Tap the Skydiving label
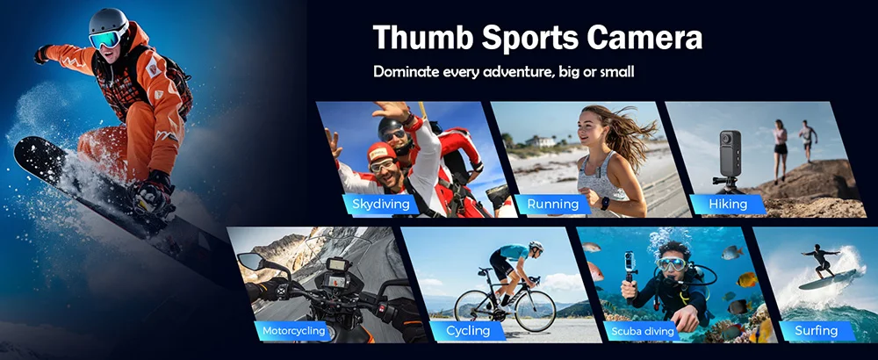pos(381,205)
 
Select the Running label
pos(552,205)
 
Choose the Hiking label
pos(728,205)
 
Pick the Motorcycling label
pos(294,331)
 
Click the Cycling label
pos(468,331)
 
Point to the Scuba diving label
pos(643,331)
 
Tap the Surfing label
pos(817,331)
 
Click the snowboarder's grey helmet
pos(107,21)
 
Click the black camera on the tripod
pos(730,154)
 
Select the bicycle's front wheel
pos(535,312)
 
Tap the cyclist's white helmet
pos(536,247)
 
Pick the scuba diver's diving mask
pos(671,264)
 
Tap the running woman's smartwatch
pos(605,203)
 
